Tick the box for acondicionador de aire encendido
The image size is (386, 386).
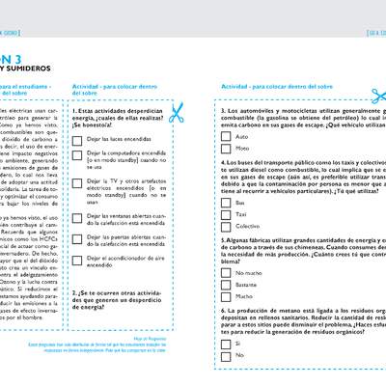point(78,258)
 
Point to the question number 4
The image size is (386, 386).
point(223,163)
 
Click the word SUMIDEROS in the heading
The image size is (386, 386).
point(27,69)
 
